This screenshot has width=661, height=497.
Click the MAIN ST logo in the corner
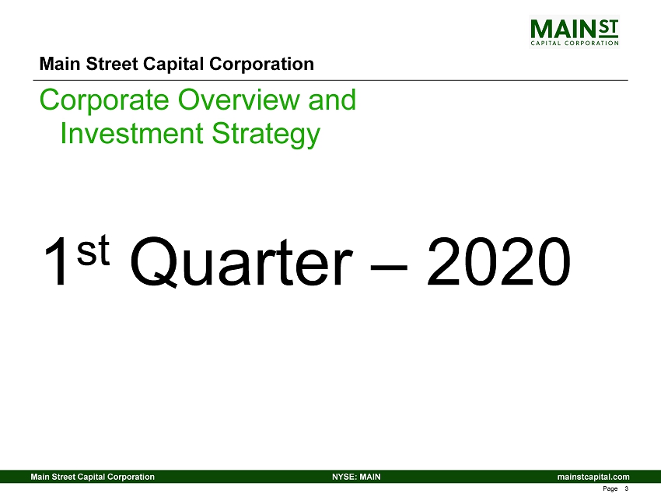pyautogui.click(x=574, y=32)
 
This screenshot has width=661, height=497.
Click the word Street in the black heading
pyautogui.click(x=112, y=64)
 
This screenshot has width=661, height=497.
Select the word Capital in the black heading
pyautogui.click(x=173, y=65)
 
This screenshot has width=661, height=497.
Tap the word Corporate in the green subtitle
pyautogui.click(x=104, y=100)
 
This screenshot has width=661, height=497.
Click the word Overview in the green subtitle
pyautogui.click(x=240, y=100)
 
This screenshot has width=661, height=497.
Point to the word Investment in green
pyautogui.click(x=131, y=133)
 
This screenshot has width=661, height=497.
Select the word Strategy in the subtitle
pyautogui.click(x=266, y=135)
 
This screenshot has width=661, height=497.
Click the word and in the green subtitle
pyautogui.click(x=332, y=100)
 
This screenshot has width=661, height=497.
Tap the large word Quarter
pyautogui.click(x=240, y=262)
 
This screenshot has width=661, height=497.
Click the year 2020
pyautogui.click(x=498, y=262)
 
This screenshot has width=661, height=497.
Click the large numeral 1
pyautogui.click(x=57, y=262)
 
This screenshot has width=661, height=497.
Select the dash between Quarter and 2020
pyautogui.click(x=389, y=267)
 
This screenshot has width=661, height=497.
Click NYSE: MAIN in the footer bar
pyautogui.click(x=356, y=477)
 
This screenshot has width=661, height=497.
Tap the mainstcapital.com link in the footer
pyautogui.click(x=593, y=477)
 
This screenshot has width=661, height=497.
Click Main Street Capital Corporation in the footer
pyautogui.click(x=93, y=477)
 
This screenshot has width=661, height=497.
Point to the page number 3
pyautogui.click(x=627, y=488)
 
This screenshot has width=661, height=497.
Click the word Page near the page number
pyautogui.click(x=610, y=489)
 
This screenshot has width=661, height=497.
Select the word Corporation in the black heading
pyautogui.click(x=261, y=65)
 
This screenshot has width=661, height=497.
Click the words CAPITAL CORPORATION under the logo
pyautogui.click(x=574, y=43)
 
